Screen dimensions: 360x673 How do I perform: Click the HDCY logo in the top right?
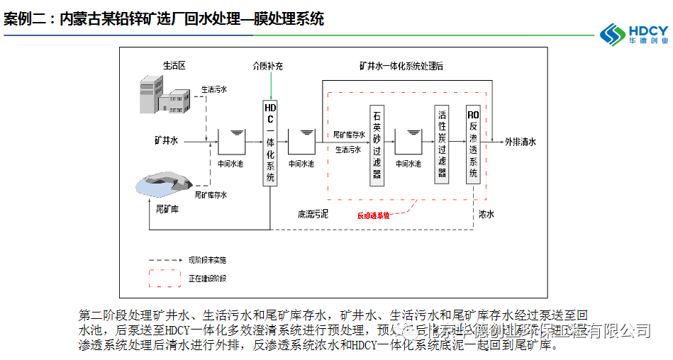633,33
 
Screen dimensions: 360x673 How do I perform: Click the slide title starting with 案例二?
164,19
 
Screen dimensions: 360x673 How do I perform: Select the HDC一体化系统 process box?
270,142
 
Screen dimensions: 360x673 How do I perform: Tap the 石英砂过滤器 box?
377,145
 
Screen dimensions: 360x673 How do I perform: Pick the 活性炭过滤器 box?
442,145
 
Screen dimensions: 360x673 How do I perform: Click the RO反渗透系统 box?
474,145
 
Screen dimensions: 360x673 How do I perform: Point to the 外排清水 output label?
520,142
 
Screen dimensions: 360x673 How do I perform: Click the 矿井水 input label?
167,140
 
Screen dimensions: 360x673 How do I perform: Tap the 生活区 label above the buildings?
174,65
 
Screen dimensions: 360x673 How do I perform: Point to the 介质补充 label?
268,66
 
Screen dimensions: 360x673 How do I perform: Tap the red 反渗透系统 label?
374,215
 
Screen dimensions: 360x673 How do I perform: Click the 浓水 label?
486,213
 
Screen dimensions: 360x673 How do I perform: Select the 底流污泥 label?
313,213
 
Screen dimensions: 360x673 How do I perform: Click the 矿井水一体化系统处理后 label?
401,66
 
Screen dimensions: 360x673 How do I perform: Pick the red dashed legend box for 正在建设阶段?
164,276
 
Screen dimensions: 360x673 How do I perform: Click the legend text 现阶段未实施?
207,260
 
